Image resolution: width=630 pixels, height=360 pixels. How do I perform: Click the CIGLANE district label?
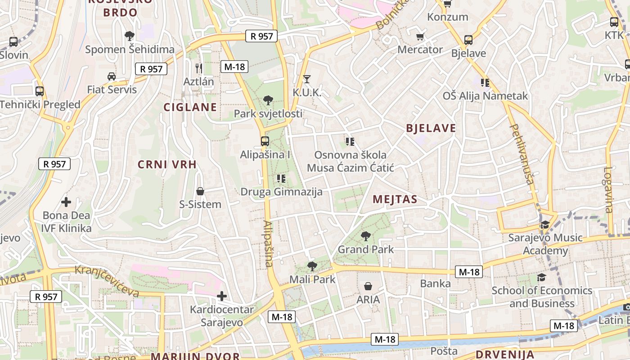(x=190, y=107)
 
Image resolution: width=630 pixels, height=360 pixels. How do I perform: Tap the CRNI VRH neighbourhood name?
(x=167, y=165)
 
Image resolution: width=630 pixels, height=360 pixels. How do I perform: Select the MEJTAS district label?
(x=395, y=199)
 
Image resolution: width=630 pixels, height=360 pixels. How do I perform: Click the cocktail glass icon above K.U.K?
(x=307, y=79)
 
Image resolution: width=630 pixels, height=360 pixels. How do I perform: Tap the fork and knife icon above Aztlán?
(x=198, y=68)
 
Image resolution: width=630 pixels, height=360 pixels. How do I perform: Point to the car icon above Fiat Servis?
(x=111, y=76)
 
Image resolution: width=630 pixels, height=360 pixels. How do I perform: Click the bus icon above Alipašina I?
(x=265, y=141)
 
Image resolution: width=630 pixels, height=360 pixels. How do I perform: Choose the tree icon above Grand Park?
(x=365, y=235)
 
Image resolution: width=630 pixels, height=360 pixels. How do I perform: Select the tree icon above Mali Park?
(x=312, y=266)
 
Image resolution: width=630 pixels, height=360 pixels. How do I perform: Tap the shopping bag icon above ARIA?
(x=368, y=286)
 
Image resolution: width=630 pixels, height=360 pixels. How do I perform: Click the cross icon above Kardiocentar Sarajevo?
(x=221, y=296)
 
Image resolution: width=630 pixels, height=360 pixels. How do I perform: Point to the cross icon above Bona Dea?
(x=66, y=202)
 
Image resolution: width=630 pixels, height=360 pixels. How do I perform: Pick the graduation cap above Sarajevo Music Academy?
(x=545, y=224)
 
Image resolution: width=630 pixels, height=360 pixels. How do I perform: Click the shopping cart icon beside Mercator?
(x=420, y=36)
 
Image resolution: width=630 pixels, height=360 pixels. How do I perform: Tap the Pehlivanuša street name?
(x=522, y=154)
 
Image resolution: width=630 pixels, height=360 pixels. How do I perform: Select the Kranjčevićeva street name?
(x=107, y=281)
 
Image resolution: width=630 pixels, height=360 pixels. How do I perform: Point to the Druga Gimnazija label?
(x=281, y=192)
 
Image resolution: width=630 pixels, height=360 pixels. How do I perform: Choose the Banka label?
(x=435, y=283)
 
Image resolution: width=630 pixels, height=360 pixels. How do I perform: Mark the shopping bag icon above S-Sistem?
(x=200, y=191)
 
